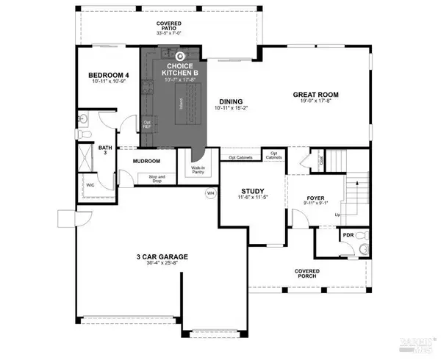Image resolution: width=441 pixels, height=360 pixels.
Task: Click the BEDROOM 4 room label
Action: point(109,75)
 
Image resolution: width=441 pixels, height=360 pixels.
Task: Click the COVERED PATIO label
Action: point(168,26)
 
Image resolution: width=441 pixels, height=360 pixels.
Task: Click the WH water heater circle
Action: point(210,193)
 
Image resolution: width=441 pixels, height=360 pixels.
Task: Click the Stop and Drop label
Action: point(157,179)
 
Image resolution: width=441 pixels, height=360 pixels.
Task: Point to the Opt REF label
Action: point(147,125)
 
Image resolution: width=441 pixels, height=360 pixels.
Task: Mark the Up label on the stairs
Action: point(337,215)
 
